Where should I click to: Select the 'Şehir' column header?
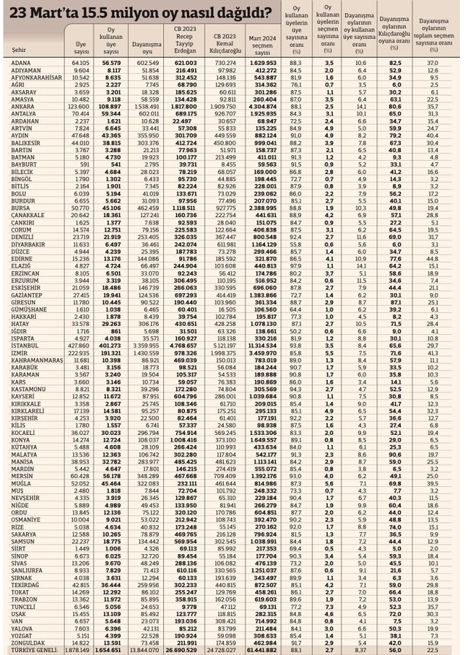20,50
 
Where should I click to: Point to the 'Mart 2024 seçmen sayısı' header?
262,43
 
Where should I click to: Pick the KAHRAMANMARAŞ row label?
37,380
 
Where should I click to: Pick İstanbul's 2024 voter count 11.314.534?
260,366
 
